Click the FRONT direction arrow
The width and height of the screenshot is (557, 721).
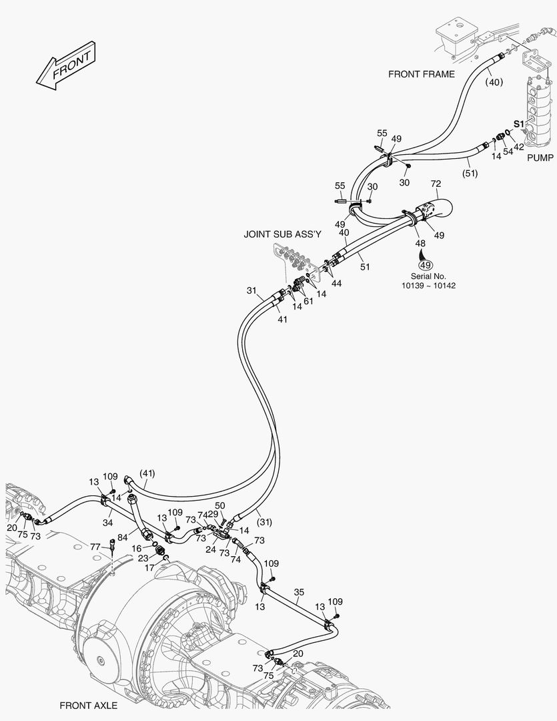tap(65, 66)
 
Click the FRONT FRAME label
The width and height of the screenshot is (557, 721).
tap(421, 74)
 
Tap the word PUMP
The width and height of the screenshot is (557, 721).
tap(540, 158)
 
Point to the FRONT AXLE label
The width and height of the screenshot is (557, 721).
tap(88, 705)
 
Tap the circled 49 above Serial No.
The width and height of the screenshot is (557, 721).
tap(425, 264)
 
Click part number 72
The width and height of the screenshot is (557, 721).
tap(436, 184)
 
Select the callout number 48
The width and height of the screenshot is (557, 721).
tap(420, 244)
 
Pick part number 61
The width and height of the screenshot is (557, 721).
tap(308, 302)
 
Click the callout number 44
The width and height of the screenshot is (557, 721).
tap(337, 284)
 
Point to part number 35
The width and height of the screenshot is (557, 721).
tap(299, 592)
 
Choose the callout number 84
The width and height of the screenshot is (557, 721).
tap(123, 537)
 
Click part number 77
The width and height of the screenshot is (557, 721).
tap(96, 547)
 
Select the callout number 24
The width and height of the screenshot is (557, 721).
tap(210, 550)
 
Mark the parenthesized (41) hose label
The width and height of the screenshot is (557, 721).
tap(147, 473)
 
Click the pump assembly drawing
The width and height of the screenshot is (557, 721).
tap(538, 110)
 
